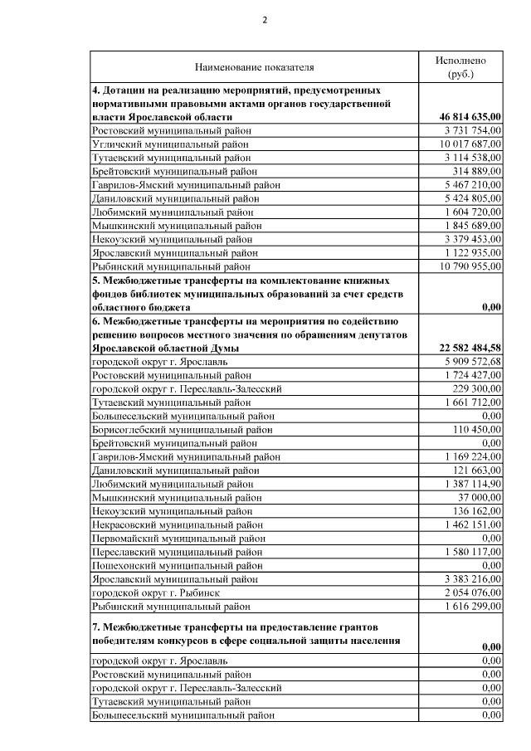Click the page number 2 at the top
[x=265, y=22]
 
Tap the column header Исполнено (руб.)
[x=460, y=66]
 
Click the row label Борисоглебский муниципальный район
[x=182, y=429]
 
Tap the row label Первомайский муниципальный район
[x=178, y=537]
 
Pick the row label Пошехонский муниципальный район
[x=177, y=564]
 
